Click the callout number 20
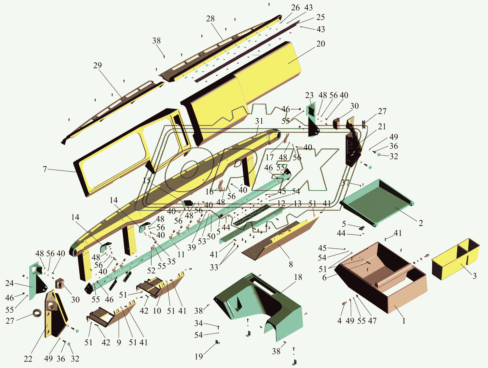320,44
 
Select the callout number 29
97,65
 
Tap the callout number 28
210,19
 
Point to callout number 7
45,169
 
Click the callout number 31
259,121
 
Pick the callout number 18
298,277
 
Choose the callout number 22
28,359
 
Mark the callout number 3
474,276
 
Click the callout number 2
421,223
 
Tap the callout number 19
199,356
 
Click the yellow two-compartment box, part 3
455,259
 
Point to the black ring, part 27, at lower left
37,313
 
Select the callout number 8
291,264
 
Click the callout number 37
345,183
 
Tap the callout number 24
9,283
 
